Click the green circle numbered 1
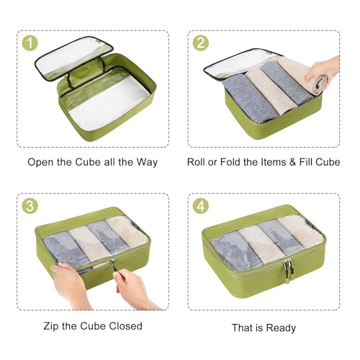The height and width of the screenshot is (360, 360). click(x=30, y=42)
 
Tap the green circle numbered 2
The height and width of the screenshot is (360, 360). click(x=201, y=42)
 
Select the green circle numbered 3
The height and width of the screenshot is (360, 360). click(x=30, y=206)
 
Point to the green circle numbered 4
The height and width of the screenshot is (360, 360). click(x=201, y=206)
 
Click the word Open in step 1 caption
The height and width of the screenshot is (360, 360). click(x=40, y=162)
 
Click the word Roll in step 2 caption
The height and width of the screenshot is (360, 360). click(x=197, y=162)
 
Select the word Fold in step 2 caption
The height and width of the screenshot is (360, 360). click(x=233, y=162)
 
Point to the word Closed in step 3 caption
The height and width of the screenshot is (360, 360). click(x=125, y=326)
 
